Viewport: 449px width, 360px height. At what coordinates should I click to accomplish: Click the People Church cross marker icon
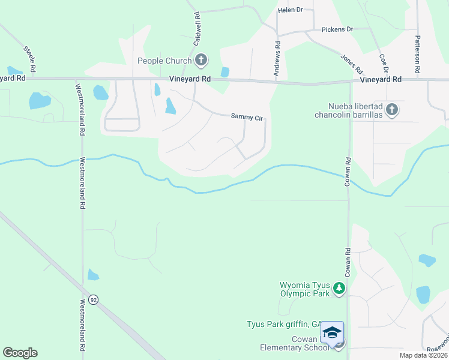click(201, 60)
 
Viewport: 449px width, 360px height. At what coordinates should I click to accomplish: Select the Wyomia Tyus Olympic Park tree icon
click(339, 289)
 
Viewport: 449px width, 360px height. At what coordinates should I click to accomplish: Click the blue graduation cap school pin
click(332, 332)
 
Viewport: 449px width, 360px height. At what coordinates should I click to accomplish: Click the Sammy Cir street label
click(247, 118)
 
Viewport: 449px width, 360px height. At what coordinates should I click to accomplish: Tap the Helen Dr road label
click(291, 10)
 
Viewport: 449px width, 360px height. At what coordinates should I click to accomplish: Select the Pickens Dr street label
click(337, 29)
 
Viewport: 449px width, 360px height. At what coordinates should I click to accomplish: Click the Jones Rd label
click(352, 62)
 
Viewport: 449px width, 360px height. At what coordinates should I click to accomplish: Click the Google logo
click(20, 353)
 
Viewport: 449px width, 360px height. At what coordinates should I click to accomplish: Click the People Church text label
click(164, 61)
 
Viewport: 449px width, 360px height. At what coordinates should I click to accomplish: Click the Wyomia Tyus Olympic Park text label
click(305, 289)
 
